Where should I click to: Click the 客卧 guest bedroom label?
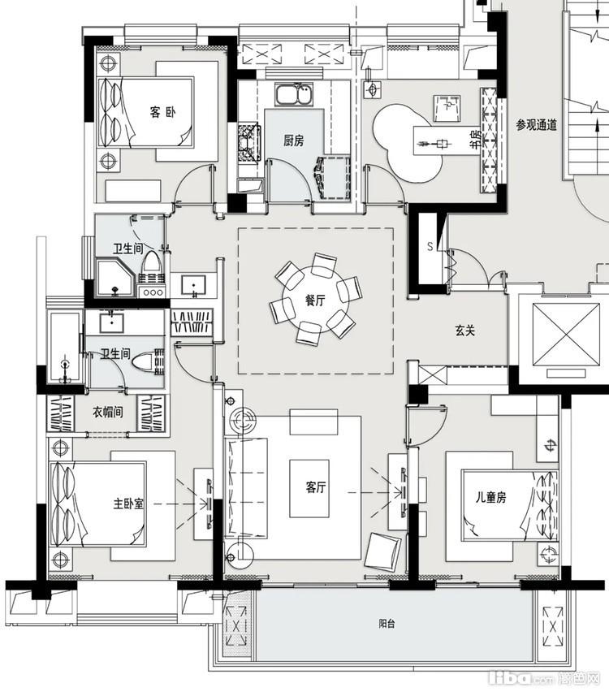point(162,112)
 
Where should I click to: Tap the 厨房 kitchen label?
point(293,140)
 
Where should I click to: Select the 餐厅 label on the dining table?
point(315,300)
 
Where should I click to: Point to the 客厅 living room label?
point(316,487)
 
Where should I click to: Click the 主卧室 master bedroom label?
point(129,504)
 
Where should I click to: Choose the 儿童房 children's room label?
point(490,497)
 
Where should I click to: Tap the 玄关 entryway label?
point(464,331)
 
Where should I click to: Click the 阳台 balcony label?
point(387,624)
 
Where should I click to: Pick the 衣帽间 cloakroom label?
point(107,412)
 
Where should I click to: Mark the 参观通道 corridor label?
point(536,125)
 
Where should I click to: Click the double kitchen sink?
point(294,94)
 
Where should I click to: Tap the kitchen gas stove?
point(250,143)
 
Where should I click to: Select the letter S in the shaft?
point(430,246)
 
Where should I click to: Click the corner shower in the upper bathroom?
point(115,279)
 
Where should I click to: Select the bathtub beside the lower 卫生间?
point(65,347)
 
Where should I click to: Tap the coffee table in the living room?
point(309,488)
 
